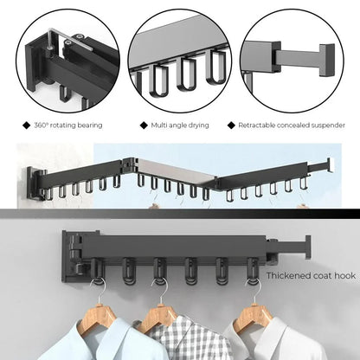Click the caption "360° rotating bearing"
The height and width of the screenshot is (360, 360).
click(70, 125)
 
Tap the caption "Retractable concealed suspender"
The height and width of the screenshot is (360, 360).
click(289, 125)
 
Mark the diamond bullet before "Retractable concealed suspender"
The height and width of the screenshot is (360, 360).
click(231, 125)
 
